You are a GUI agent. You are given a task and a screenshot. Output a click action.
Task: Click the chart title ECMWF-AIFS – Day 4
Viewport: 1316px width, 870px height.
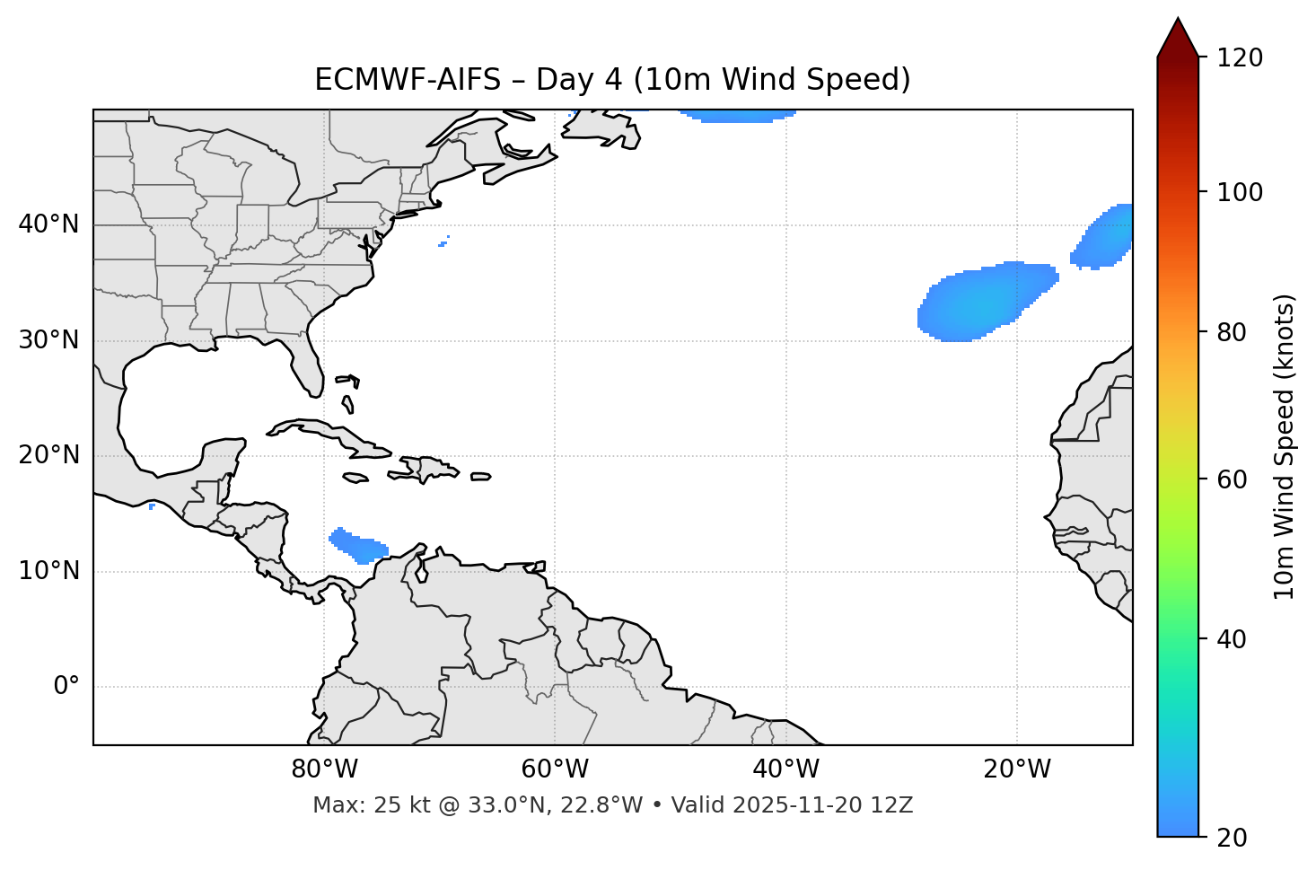(612, 80)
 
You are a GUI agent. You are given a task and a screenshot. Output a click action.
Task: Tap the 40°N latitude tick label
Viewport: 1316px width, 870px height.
(48, 224)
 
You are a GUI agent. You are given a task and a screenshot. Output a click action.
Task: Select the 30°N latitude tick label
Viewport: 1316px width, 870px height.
(48, 340)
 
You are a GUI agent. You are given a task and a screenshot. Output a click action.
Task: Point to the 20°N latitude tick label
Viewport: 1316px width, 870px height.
(48, 455)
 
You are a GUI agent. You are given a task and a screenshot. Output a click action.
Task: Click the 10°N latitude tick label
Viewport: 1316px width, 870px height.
(48, 571)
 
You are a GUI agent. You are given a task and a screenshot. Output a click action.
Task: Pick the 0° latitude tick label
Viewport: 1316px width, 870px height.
(66, 687)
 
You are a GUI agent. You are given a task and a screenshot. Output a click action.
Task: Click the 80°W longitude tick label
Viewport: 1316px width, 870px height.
(324, 769)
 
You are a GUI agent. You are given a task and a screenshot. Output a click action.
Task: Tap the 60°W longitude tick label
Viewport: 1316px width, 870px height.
(555, 769)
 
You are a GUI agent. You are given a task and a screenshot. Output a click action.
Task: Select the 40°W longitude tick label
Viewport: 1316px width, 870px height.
(785, 769)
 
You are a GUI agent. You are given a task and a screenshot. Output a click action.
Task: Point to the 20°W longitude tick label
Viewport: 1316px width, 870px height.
(1016, 769)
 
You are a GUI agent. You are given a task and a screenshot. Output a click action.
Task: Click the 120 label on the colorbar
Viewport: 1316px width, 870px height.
(1240, 58)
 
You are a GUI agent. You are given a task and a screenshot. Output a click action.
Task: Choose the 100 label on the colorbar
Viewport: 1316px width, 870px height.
(1240, 192)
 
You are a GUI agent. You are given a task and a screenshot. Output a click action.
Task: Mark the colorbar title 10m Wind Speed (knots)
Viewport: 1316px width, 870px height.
(1285, 446)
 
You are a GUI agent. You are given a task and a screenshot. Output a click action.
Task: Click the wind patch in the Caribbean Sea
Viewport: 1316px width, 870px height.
(359, 545)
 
